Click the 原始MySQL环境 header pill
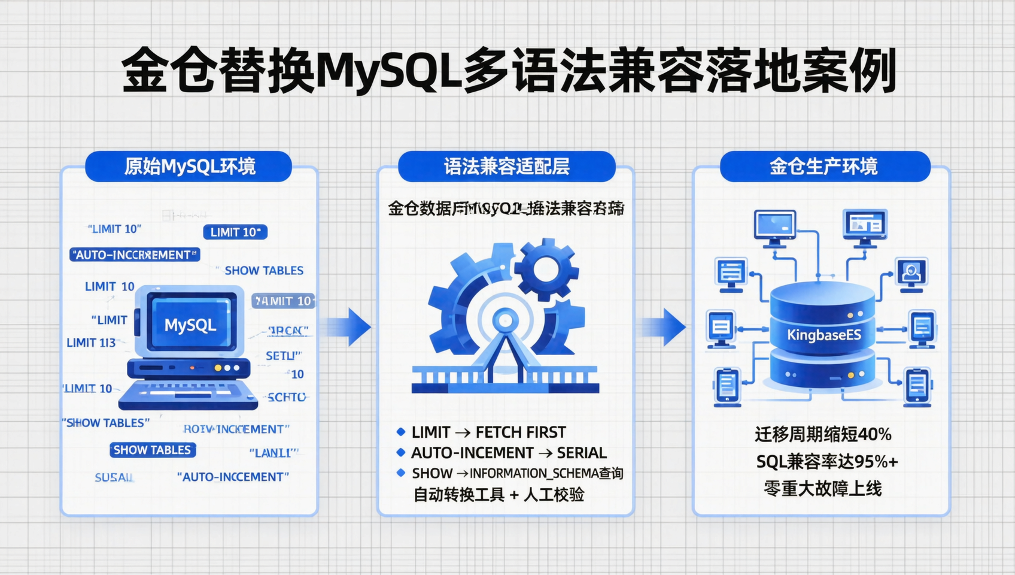(x=189, y=167)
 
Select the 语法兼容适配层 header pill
(x=506, y=167)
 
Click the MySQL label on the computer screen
(x=190, y=325)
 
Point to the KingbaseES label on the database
(x=823, y=335)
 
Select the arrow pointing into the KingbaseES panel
(x=668, y=327)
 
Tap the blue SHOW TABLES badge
(x=152, y=450)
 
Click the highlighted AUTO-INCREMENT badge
(x=135, y=255)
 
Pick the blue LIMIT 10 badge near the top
(x=235, y=232)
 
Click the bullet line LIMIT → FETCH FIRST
(x=488, y=432)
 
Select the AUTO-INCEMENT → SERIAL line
(x=508, y=453)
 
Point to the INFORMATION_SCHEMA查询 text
(x=546, y=473)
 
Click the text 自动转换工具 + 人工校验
(x=499, y=495)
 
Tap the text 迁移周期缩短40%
(x=823, y=434)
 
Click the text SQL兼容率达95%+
(x=826, y=462)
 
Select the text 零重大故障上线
(x=823, y=489)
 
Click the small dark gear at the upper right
(x=546, y=270)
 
